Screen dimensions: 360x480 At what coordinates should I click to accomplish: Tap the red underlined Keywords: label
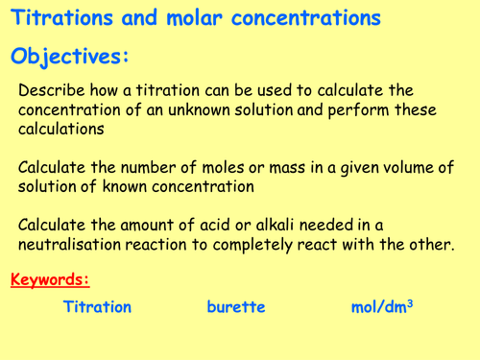click(50, 280)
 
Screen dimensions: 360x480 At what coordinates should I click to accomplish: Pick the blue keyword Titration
click(97, 307)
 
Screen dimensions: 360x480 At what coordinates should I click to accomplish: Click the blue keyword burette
click(235, 307)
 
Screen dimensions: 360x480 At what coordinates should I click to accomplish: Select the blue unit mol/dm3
click(384, 307)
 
